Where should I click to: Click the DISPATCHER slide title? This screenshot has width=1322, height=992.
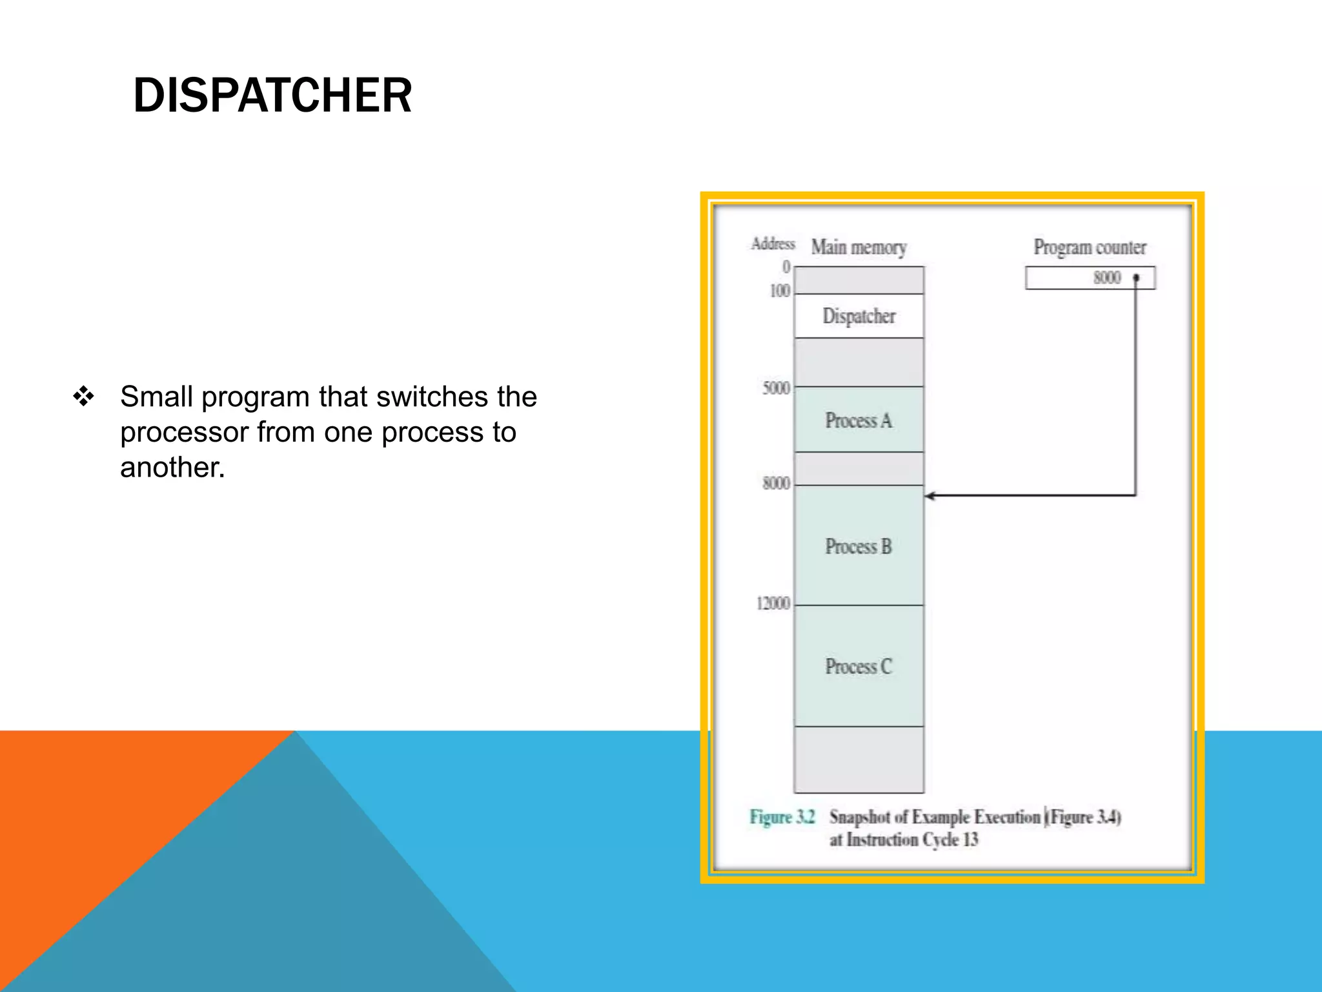272,96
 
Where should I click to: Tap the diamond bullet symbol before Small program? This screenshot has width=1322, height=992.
84,396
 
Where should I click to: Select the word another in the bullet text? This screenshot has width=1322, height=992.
172,468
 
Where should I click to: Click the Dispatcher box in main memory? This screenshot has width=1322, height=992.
859,316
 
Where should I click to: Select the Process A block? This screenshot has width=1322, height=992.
859,420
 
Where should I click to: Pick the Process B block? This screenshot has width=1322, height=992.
859,546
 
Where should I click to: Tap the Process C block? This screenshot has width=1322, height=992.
859,666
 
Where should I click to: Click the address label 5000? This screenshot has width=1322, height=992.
776,388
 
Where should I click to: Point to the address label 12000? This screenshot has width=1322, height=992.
773,603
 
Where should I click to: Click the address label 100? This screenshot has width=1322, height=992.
780,291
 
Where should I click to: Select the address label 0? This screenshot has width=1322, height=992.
786,267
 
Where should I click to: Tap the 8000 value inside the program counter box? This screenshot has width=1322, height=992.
1106,278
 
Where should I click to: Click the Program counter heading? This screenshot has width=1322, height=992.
1090,247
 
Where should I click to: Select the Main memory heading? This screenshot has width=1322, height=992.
859,247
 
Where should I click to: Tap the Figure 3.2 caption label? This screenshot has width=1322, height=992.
782,817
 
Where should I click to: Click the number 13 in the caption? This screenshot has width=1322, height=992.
970,840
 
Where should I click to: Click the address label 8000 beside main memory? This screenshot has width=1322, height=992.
776,483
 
